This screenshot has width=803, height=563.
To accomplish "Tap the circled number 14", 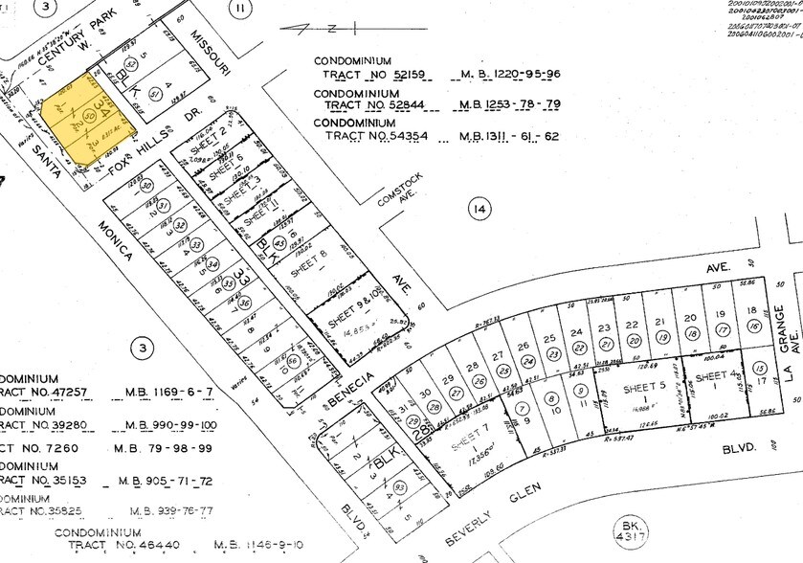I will coord(479,208).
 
